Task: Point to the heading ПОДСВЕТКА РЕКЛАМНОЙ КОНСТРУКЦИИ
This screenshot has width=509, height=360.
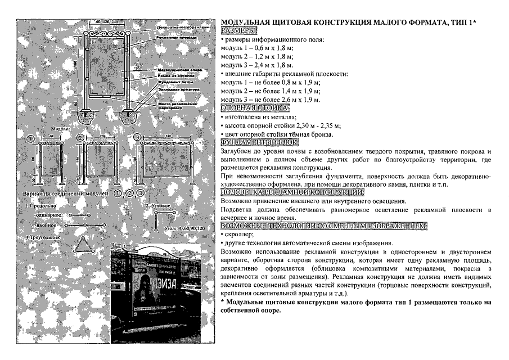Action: pos(292,192)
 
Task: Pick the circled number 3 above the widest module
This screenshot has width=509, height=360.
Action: pos(137,138)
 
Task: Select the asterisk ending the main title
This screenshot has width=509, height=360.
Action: pos(474,21)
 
